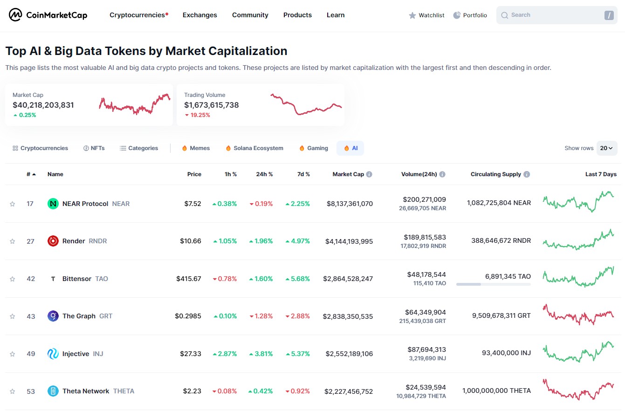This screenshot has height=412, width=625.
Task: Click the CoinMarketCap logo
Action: click(48, 15)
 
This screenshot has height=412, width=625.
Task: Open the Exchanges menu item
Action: click(199, 15)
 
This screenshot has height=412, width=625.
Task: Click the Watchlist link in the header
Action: click(426, 15)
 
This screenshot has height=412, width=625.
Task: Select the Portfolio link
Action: click(470, 15)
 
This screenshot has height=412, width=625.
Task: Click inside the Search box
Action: click(550, 15)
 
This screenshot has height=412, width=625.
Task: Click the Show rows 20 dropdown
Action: click(606, 148)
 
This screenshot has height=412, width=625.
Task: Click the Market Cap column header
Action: click(348, 174)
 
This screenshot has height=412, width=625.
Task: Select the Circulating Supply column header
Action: click(495, 174)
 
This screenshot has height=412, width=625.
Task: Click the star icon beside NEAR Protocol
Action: click(13, 204)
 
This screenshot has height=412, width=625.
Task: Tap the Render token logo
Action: click(53, 241)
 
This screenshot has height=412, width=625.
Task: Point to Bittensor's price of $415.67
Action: click(188, 279)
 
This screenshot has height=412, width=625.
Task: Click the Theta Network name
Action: click(86, 391)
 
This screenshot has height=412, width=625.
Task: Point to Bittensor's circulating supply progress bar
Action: click(493, 284)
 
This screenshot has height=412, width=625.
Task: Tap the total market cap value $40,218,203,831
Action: click(43, 105)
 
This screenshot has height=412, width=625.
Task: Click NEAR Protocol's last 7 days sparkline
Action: click(578, 201)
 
